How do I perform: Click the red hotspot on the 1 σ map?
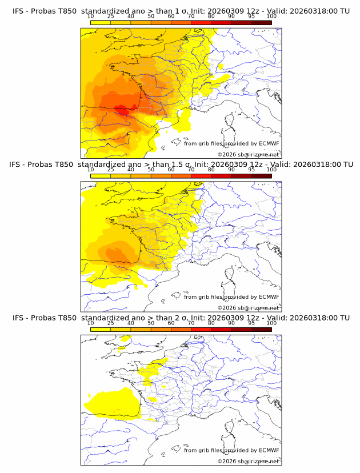point(122,109)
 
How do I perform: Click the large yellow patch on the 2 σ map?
point(117,403)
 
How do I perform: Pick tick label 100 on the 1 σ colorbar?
point(271,17)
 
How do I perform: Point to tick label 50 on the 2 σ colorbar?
point(151,323)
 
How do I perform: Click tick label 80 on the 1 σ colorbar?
point(211,17)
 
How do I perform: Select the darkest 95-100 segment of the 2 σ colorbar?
point(262,330)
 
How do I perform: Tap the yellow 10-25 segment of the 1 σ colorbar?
point(101,23)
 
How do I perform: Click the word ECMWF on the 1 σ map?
point(269,144)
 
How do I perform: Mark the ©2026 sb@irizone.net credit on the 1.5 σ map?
point(248,307)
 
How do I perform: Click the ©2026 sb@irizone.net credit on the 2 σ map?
point(248,460)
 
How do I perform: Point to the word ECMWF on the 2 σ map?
point(269,450)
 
